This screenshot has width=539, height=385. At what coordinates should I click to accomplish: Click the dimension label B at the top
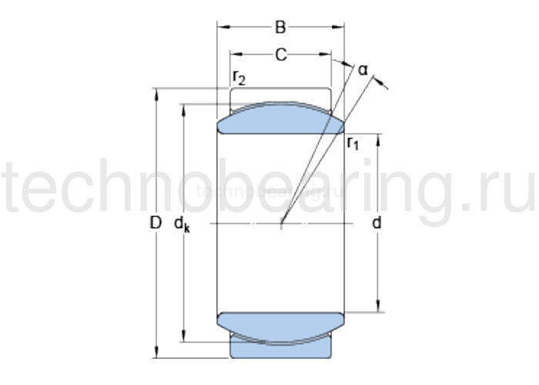(281, 28)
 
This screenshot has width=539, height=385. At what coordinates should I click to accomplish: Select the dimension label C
(281, 55)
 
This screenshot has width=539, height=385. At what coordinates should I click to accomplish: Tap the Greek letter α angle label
(363, 71)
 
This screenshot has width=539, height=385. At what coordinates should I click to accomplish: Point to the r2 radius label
(239, 78)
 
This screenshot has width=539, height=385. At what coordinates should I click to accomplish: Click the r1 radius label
(353, 142)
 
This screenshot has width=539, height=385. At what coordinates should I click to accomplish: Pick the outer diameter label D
(156, 223)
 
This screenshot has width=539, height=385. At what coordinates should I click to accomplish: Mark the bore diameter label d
(377, 223)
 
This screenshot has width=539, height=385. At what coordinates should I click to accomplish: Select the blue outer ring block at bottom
(281, 348)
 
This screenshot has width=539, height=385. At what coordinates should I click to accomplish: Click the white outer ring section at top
(281, 95)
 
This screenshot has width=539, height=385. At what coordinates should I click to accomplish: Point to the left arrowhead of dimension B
(221, 28)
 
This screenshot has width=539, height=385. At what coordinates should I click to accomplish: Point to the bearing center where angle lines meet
(282, 224)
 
